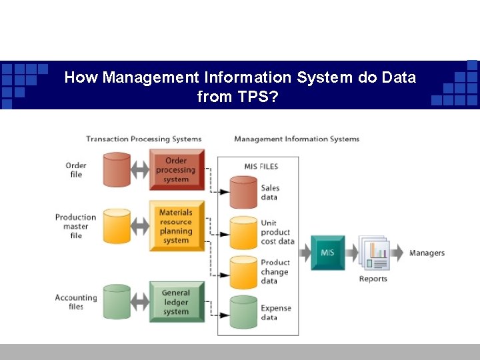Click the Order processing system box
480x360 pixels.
(176, 169)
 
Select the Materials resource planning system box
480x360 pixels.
(176, 226)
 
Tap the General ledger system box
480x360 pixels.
(176, 302)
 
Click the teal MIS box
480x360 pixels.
(328, 253)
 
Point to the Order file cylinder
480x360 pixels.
(117, 170)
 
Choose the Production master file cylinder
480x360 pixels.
(117, 227)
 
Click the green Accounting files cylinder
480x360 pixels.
(117, 302)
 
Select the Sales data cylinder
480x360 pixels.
(243, 193)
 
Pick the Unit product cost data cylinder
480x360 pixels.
(243, 233)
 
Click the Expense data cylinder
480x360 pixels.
(243, 313)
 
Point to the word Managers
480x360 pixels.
(427, 253)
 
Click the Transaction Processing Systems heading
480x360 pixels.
(143, 139)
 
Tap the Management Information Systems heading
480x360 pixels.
(297, 139)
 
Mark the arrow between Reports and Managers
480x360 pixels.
(397, 253)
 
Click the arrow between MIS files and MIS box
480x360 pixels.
(304, 253)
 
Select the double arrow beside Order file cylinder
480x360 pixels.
(140, 170)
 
